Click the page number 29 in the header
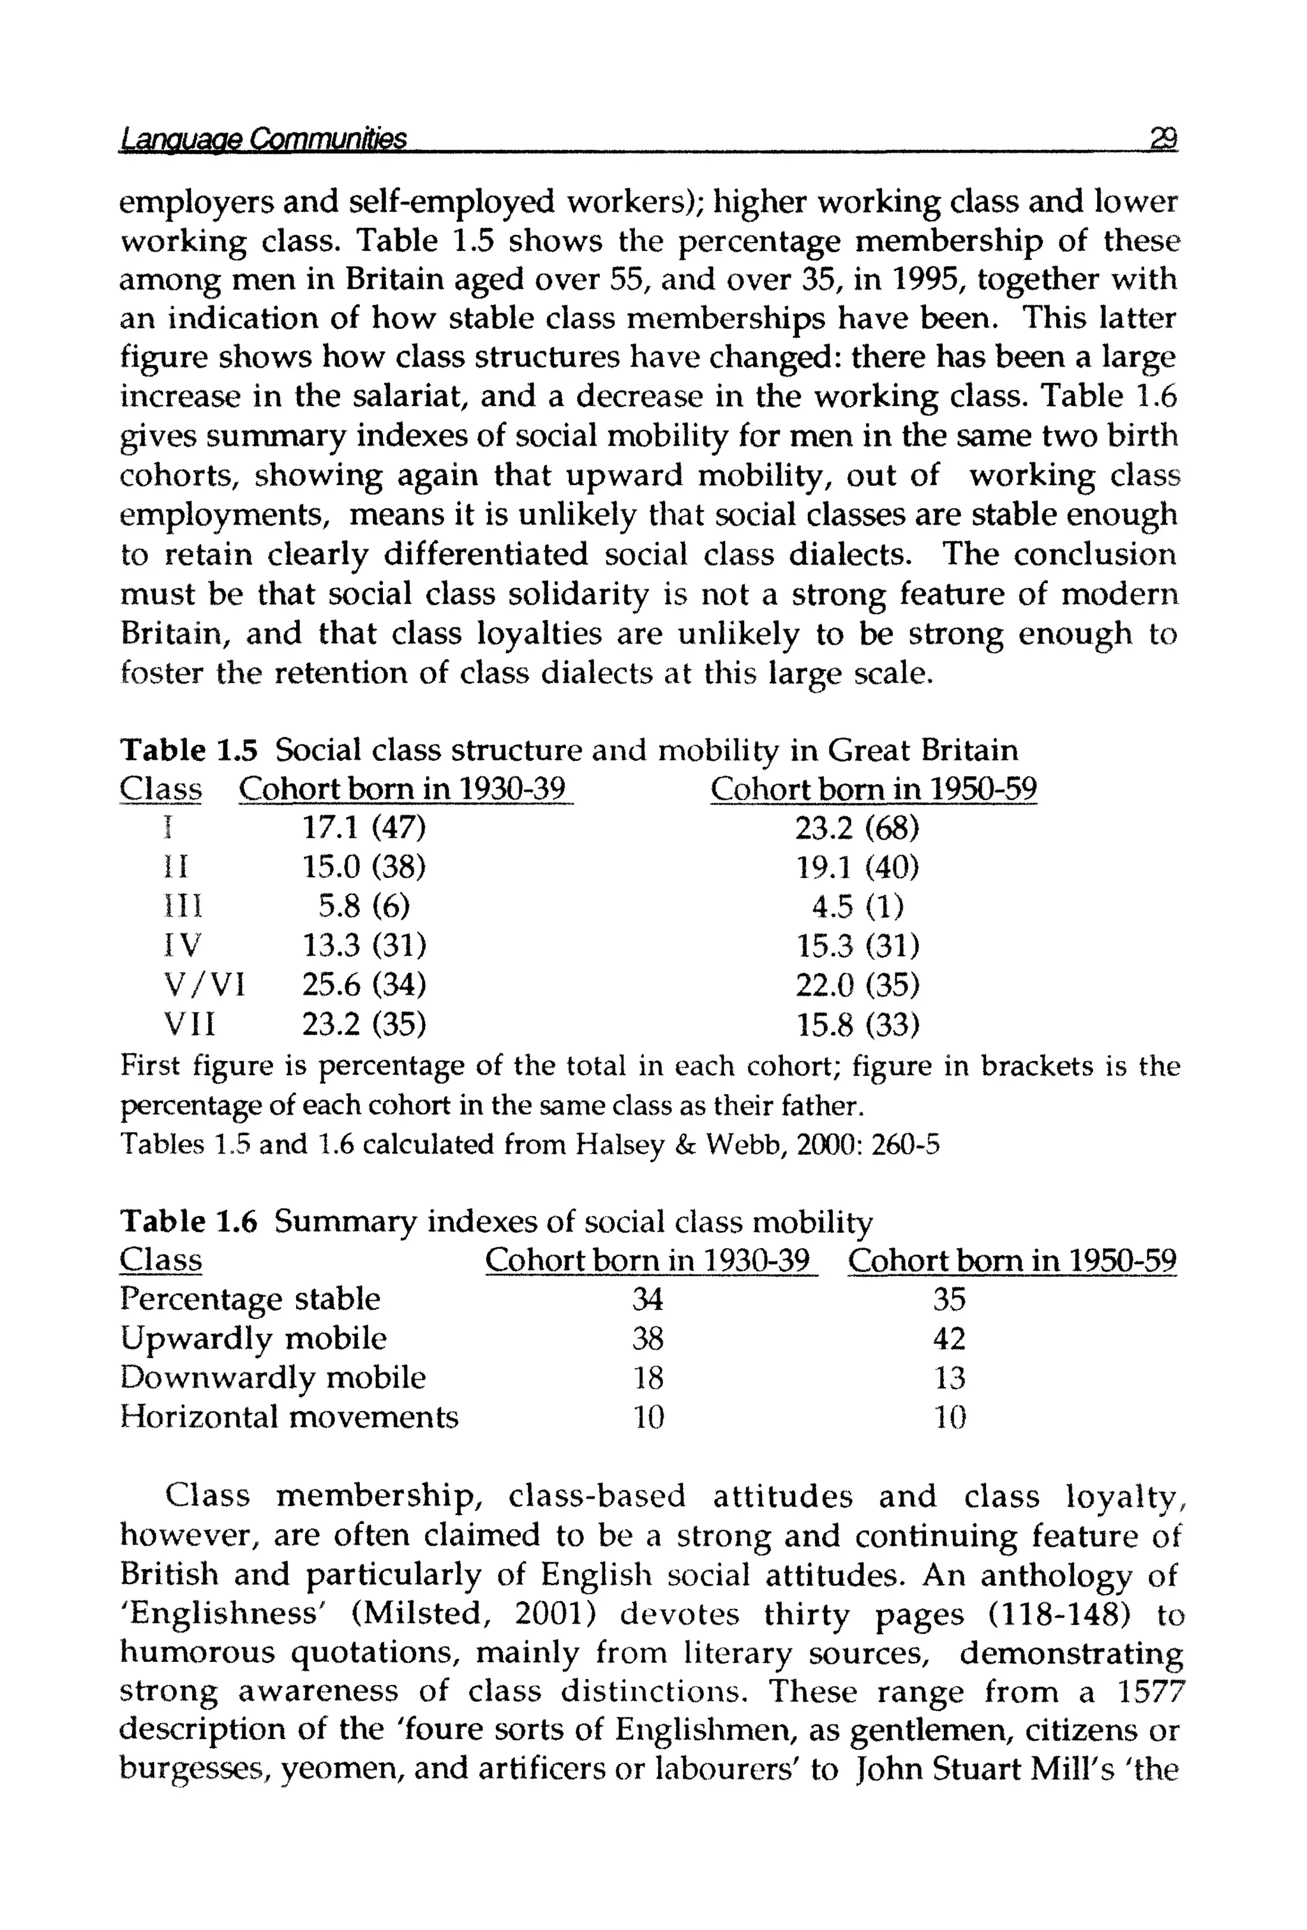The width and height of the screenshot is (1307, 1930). tap(1163, 138)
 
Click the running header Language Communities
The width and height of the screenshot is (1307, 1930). tap(263, 139)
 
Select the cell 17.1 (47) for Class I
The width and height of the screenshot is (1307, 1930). tap(363, 827)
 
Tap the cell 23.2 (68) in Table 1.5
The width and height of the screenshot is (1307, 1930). tap(857, 827)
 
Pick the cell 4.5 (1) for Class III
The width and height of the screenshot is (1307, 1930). tap(857, 906)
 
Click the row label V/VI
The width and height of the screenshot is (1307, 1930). tap(204, 985)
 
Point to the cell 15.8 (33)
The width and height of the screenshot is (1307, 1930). tap(857, 1025)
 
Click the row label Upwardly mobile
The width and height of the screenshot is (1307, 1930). tap(253, 1338)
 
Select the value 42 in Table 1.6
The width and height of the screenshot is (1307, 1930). tap(949, 1339)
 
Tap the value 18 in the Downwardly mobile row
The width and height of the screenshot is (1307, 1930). tap(648, 1378)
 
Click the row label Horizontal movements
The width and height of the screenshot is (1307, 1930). tap(289, 1417)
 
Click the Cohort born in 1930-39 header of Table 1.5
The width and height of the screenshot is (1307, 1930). tap(405, 789)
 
